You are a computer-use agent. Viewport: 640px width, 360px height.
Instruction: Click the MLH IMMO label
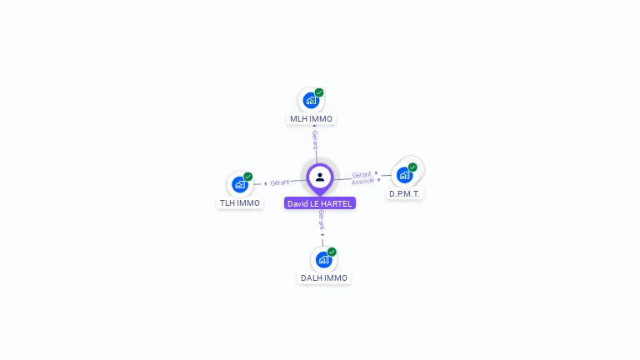coord(311,119)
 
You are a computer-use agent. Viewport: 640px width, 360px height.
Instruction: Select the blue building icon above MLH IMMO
coord(311,101)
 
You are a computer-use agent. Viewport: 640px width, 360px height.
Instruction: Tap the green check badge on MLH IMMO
coord(319,92)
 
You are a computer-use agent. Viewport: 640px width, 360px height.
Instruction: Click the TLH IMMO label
coord(240,203)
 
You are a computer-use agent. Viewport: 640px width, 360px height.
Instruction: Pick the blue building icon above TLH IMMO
coord(240,184)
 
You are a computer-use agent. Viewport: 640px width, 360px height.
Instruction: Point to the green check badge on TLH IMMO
coord(248,177)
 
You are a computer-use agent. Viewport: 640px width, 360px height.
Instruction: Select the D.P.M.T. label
coord(406,194)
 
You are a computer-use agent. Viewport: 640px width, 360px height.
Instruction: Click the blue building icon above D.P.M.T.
coord(404,175)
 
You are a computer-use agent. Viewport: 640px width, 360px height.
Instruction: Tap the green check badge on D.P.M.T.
coord(412,167)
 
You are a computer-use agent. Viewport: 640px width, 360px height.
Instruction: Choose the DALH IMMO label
coord(324,278)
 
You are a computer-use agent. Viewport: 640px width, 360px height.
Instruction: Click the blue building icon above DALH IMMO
coord(323,259)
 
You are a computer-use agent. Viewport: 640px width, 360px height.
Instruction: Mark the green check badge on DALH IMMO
coord(332,252)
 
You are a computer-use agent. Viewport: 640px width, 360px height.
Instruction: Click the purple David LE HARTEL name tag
coord(320,203)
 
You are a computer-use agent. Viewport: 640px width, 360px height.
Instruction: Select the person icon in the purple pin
coord(320,177)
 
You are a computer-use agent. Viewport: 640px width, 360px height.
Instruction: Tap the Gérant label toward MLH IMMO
coord(315,138)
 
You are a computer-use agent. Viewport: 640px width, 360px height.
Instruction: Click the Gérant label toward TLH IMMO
coord(280,182)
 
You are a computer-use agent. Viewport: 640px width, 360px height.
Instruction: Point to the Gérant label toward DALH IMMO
coord(322,220)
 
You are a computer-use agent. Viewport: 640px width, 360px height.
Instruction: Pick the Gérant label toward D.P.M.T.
coord(361,174)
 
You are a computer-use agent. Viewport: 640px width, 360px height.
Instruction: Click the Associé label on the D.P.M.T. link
coord(363,181)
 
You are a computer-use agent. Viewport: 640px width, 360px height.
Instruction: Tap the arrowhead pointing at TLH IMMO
coord(265,183)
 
